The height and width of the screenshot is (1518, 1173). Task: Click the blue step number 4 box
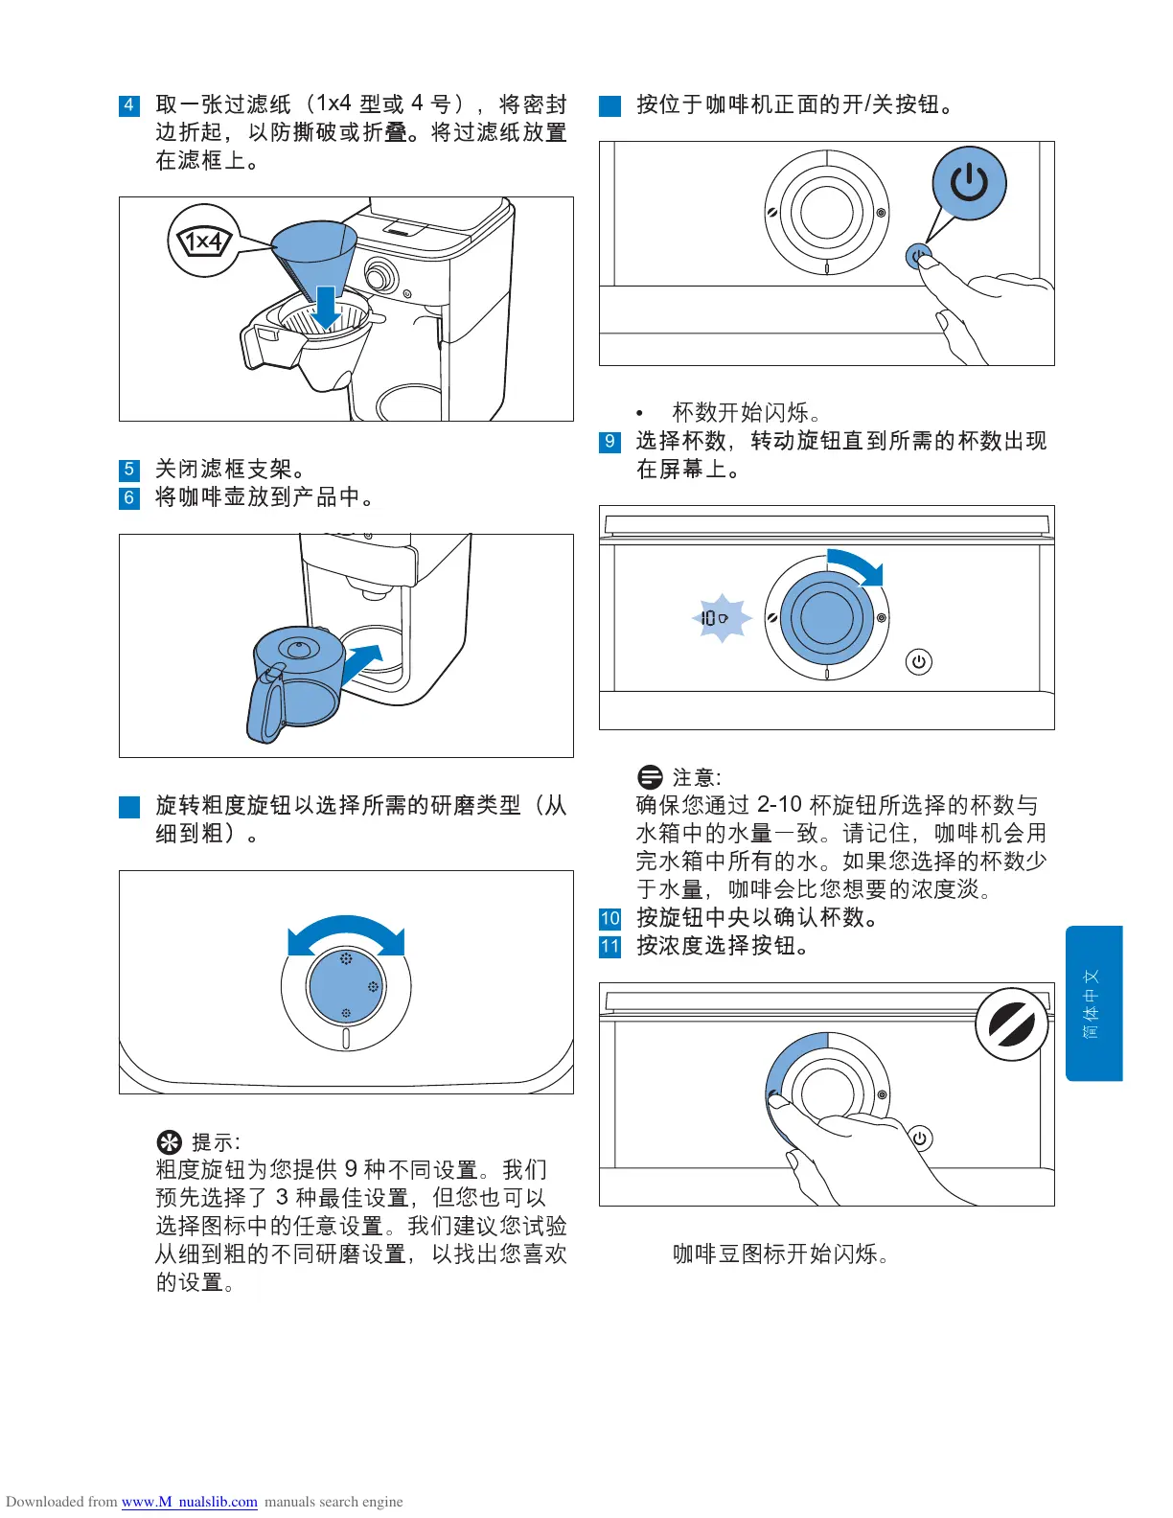[x=129, y=105]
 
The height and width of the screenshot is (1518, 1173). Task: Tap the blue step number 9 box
[x=609, y=442]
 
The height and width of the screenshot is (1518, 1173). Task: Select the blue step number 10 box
[x=609, y=918]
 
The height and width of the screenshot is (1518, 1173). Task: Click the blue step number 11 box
[x=609, y=947]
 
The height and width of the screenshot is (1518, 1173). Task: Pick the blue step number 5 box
[x=129, y=470]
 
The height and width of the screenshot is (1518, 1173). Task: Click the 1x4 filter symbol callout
[x=204, y=241]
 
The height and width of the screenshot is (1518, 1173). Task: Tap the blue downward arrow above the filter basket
[x=326, y=307]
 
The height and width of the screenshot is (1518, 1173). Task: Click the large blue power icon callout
[x=968, y=183]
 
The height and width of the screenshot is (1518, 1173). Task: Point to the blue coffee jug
[x=297, y=683]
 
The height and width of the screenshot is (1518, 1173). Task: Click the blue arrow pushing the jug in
[x=363, y=663]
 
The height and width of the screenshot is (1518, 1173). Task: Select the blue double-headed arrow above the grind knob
[x=346, y=932]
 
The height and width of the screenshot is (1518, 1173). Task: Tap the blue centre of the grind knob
[x=346, y=986]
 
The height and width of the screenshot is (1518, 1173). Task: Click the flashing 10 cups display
[x=721, y=618]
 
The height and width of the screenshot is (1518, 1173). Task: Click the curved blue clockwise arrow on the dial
[x=858, y=563]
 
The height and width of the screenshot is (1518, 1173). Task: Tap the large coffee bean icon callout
[x=1011, y=1024]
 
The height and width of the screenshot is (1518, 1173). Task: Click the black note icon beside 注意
[x=650, y=777]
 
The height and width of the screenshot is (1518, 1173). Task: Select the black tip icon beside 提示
[x=169, y=1142]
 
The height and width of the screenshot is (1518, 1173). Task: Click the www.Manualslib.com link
[x=190, y=1502]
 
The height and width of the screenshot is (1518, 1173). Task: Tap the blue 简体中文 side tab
[x=1093, y=1003]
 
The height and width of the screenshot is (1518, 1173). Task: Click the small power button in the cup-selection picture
[x=918, y=661]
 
